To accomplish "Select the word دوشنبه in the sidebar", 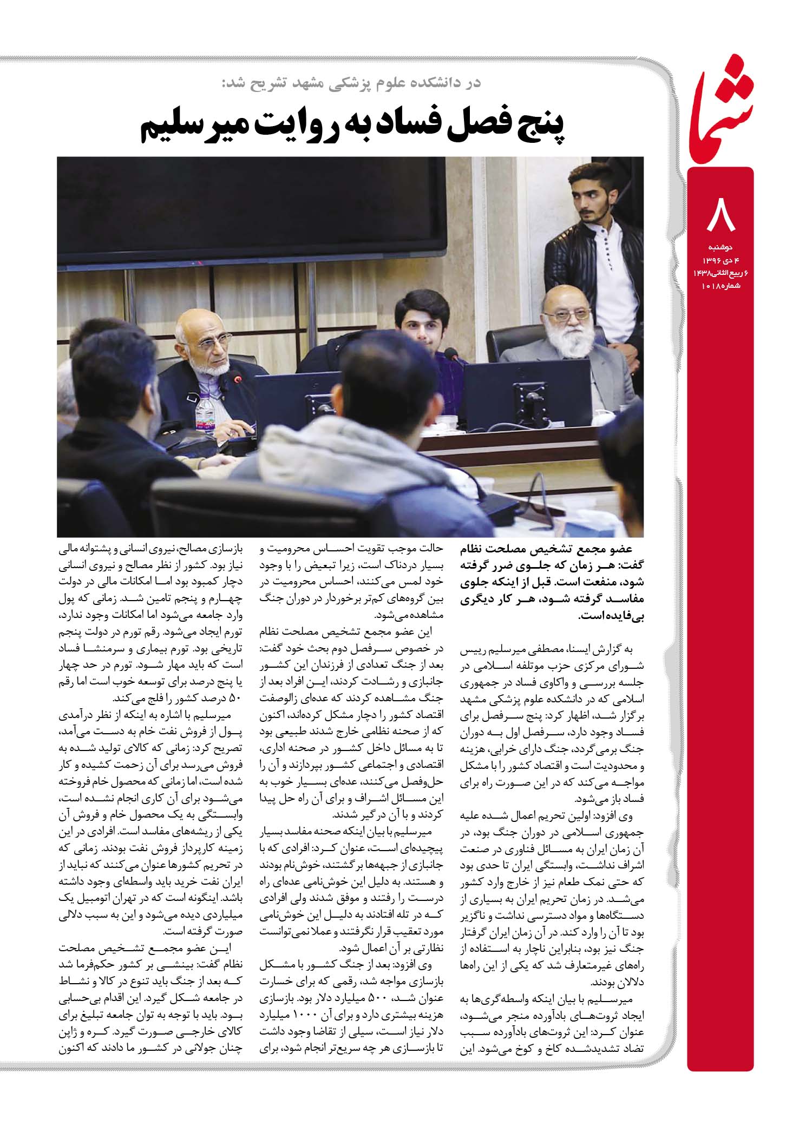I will tap(721, 248).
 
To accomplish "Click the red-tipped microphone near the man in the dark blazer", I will tap(236, 379).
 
